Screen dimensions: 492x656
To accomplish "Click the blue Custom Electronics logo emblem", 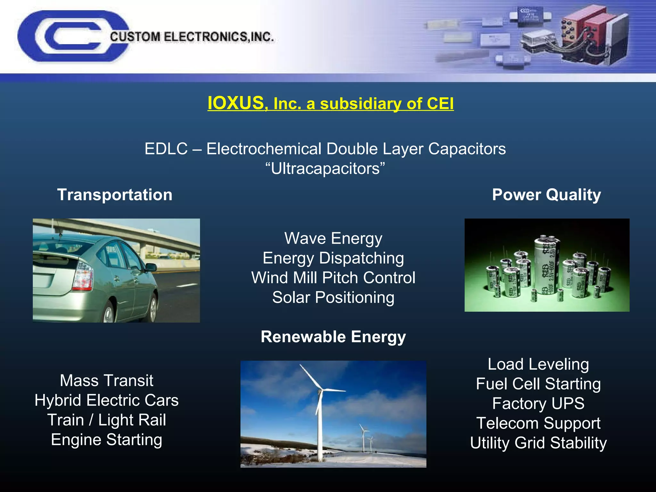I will pyautogui.click(x=64, y=36).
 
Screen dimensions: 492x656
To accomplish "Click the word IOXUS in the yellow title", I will pyautogui.click(x=235, y=103).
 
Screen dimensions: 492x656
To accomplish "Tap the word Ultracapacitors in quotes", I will pyautogui.click(x=325, y=168).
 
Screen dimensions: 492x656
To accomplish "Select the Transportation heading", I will pyautogui.click(x=115, y=195).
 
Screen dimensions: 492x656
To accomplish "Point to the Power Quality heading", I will pyautogui.click(x=546, y=195).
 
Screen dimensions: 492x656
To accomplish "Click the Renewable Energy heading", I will pyautogui.click(x=333, y=337).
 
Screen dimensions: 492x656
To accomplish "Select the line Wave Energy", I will pyautogui.click(x=333, y=238).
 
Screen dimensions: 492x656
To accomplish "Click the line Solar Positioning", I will pyautogui.click(x=333, y=297).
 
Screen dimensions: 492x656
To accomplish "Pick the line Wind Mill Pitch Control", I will pyautogui.click(x=333, y=278).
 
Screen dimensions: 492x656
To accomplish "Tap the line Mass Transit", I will pyautogui.click(x=106, y=381).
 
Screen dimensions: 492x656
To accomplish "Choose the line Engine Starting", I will pyautogui.click(x=106, y=439).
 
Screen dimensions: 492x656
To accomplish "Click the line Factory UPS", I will pyautogui.click(x=538, y=403).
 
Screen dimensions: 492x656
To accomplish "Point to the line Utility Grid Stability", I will pyautogui.click(x=538, y=443).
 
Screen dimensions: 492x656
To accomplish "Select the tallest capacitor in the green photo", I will pyautogui.click(x=547, y=266).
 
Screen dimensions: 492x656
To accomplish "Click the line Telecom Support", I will pyautogui.click(x=538, y=423).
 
